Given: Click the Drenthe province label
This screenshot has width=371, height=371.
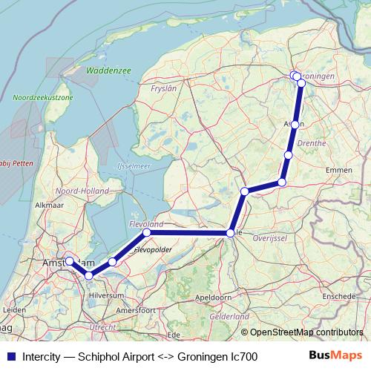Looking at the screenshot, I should click(x=309, y=140).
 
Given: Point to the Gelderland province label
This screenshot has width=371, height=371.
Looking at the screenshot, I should click(x=230, y=316).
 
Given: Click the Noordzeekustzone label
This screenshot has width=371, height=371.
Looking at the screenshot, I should click(x=42, y=97).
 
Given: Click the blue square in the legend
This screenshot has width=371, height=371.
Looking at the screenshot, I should click(x=10, y=357).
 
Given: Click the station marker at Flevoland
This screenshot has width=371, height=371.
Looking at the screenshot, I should click(x=147, y=232).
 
